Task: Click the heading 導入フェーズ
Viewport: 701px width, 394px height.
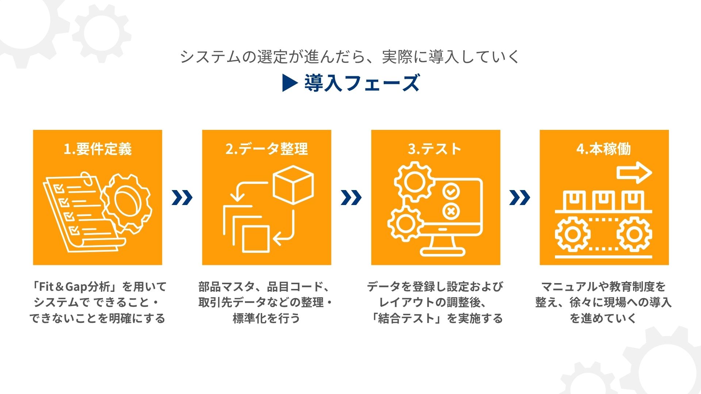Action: [362, 83]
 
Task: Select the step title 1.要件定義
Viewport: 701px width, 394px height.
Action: [97, 149]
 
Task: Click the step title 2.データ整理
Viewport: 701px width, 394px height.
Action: [267, 149]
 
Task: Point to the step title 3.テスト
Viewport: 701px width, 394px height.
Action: [435, 149]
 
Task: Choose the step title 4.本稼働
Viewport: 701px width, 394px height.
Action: [604, 149]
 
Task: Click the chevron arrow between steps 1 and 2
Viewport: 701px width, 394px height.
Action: [182, 198]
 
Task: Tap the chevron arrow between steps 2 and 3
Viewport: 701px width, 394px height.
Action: [351, 198]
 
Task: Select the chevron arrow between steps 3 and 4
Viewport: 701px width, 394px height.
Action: [520, 198]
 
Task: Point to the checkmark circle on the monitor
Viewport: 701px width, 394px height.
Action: [451, 191]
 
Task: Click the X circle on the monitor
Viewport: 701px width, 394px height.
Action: [451, 211]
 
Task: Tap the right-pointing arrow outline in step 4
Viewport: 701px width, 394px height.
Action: [634, 173]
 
